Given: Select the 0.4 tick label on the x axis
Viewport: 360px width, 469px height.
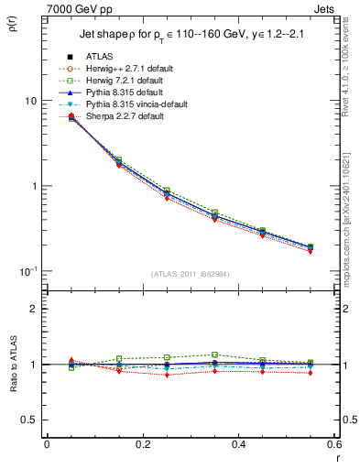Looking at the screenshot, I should click(238, 444).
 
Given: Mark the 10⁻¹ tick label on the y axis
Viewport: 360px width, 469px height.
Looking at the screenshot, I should click(30, 271).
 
